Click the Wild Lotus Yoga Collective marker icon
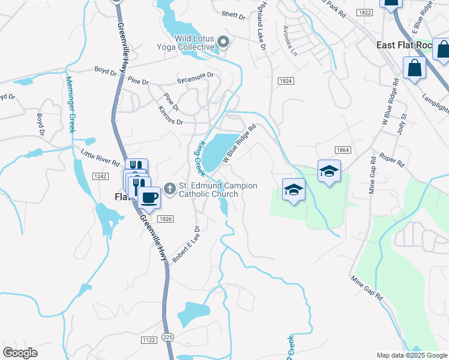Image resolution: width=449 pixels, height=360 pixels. pos(224,42)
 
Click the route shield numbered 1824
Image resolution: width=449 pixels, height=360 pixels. pos(285,81)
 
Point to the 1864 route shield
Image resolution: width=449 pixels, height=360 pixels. pos(342,149)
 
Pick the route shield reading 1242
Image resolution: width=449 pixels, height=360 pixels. pos(100,176)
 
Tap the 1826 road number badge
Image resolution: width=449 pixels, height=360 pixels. pos(166,219)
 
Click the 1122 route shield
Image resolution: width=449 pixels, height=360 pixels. pos(149,340)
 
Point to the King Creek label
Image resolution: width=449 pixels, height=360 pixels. pos(200,158)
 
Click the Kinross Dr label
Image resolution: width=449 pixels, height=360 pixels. pos(170,116)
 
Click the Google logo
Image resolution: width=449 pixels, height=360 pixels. pos(20,353)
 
